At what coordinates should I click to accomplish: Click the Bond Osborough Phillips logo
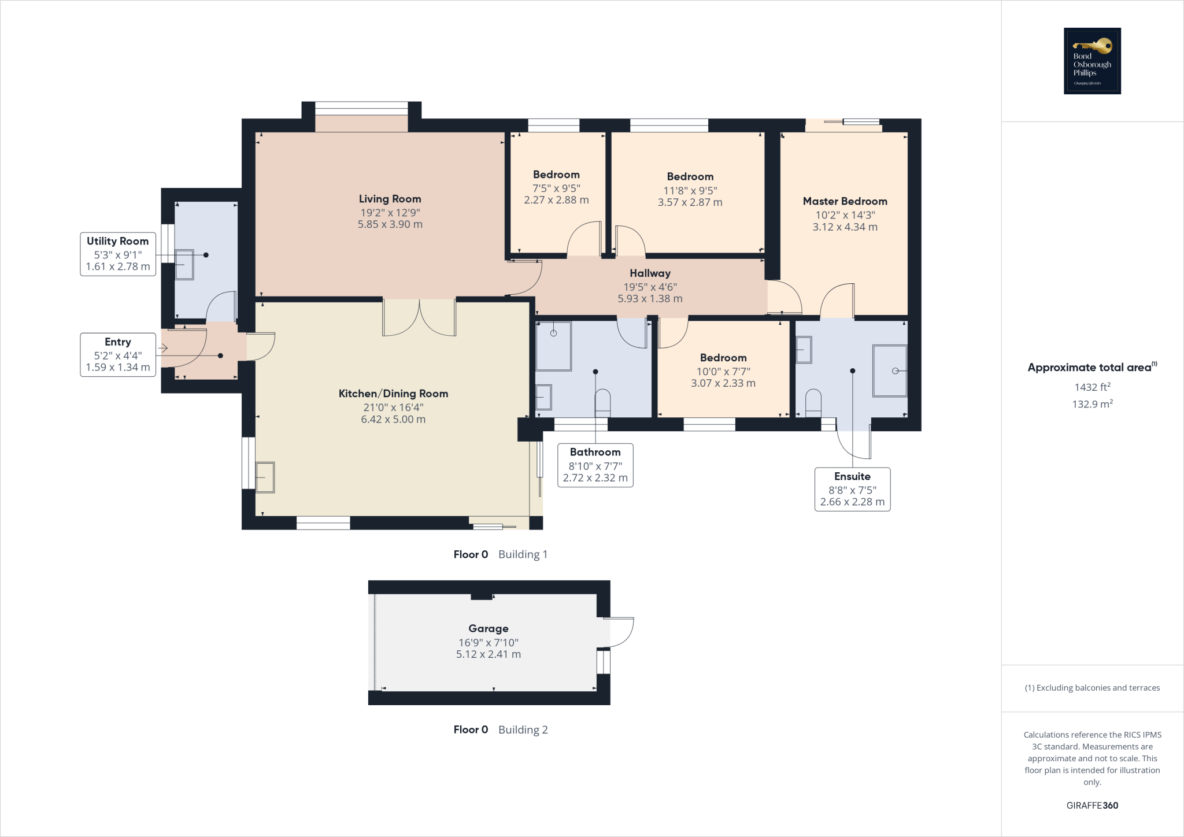pos(1092,61)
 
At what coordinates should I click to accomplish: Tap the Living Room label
pos(390,199)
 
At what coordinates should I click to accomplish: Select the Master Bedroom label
pos(845,201)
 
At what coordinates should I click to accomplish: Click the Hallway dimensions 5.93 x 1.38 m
pos(650,299)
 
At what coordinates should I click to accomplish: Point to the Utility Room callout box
pos(118,254)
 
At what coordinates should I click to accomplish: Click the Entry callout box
pos(118,355)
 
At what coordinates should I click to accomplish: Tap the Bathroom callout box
pos(595,465)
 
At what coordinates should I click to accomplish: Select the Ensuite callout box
pos(852,490)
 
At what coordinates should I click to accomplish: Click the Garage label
pos(489,628)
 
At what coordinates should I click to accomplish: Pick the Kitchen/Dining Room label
pos(393,394)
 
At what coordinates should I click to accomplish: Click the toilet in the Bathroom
pos(602,403)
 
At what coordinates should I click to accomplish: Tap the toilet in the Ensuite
pos(813,403)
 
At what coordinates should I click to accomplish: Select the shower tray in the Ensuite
pos(890,371)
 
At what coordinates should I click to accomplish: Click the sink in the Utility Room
pos(184,265)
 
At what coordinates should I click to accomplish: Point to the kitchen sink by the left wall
pos(265,477)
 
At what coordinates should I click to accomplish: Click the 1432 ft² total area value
pos(1092,387)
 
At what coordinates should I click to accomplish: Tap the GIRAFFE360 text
pos(1092,805)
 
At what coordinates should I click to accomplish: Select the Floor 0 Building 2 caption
pos(500,729)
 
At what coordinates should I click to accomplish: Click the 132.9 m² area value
pos(1092,403)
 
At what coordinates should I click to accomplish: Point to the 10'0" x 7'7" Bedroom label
pos(723,371)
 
